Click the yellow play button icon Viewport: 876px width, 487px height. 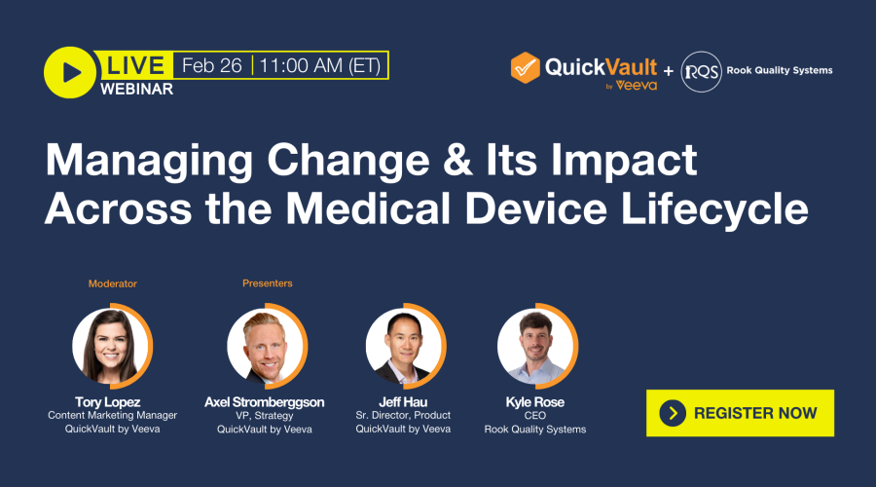(x=69, y=72)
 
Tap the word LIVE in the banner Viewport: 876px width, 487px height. (x=134, y=66)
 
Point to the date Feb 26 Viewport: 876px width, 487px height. (x=212, y=66)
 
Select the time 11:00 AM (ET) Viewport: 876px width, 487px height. (x=321, y=66)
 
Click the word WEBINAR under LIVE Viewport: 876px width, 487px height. (x=136, y=90)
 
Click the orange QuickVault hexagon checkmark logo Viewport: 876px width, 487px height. (x=526, y=67)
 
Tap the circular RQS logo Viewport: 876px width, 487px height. (x=701, y=71)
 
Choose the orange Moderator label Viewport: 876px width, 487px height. (x=113, y=283)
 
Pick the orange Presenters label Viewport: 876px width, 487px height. (x=268, y=283)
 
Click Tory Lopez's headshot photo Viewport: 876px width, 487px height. (x=111, y=346)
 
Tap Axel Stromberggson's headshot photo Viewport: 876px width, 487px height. (x=266, y=346)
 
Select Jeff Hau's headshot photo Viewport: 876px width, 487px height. (x=404, y=346)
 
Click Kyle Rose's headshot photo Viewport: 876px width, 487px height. (x=535, y=346)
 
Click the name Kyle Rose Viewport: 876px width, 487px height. (x=535, y=401)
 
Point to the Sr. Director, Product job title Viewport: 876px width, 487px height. (x=403, y=416)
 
